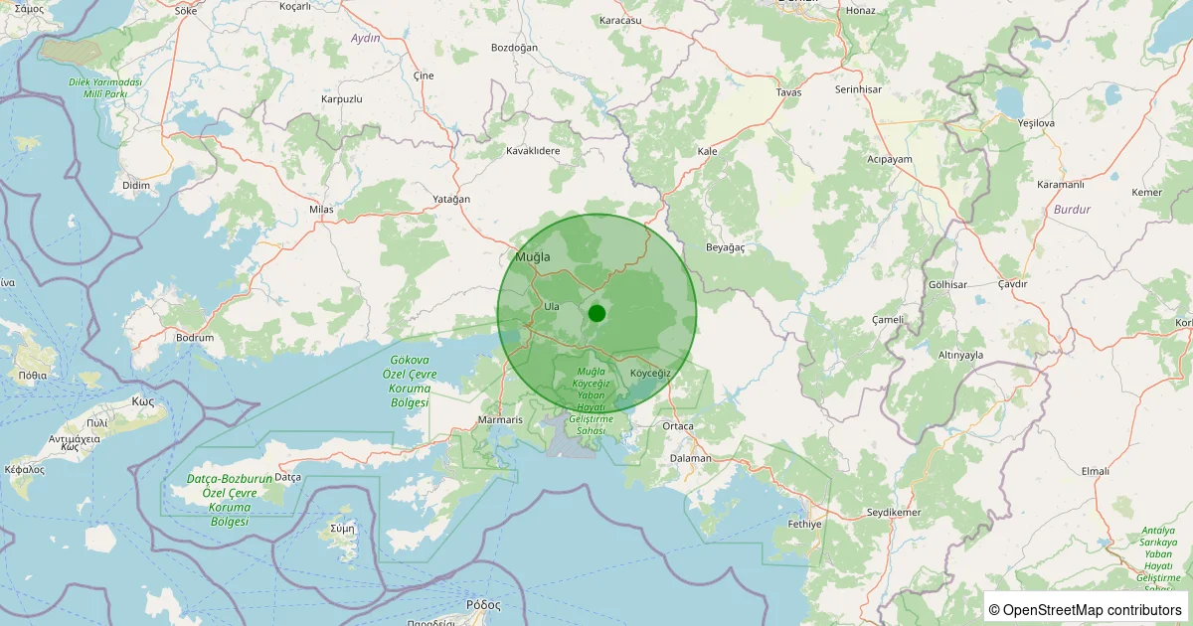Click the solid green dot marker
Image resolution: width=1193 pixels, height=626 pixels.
click(596, 313)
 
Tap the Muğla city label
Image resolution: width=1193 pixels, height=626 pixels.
click(532, 257)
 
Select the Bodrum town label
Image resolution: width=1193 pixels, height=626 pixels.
click(195, 338)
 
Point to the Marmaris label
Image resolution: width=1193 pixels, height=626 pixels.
click(500, 420)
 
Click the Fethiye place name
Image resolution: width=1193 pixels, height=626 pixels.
click(804, 523)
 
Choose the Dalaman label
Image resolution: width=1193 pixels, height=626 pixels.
click(691, 458)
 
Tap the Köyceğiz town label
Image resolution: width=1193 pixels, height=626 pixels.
click(651, 373)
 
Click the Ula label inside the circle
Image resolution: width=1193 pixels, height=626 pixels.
click(552, 306)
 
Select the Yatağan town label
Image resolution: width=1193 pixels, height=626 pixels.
click(451, 199)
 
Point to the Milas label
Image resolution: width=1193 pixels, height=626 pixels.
click(321, 210)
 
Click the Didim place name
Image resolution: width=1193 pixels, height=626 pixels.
click(135, 186)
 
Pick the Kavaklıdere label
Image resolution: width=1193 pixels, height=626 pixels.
click(534, 151)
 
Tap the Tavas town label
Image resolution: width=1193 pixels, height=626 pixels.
click(788, 92)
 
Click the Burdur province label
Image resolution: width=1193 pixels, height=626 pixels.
click(1073, 210)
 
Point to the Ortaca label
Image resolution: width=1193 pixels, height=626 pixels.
click(678, 426)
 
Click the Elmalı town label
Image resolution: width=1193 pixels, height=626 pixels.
click(1095, 471)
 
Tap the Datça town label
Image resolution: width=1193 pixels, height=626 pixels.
click(287, 477)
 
